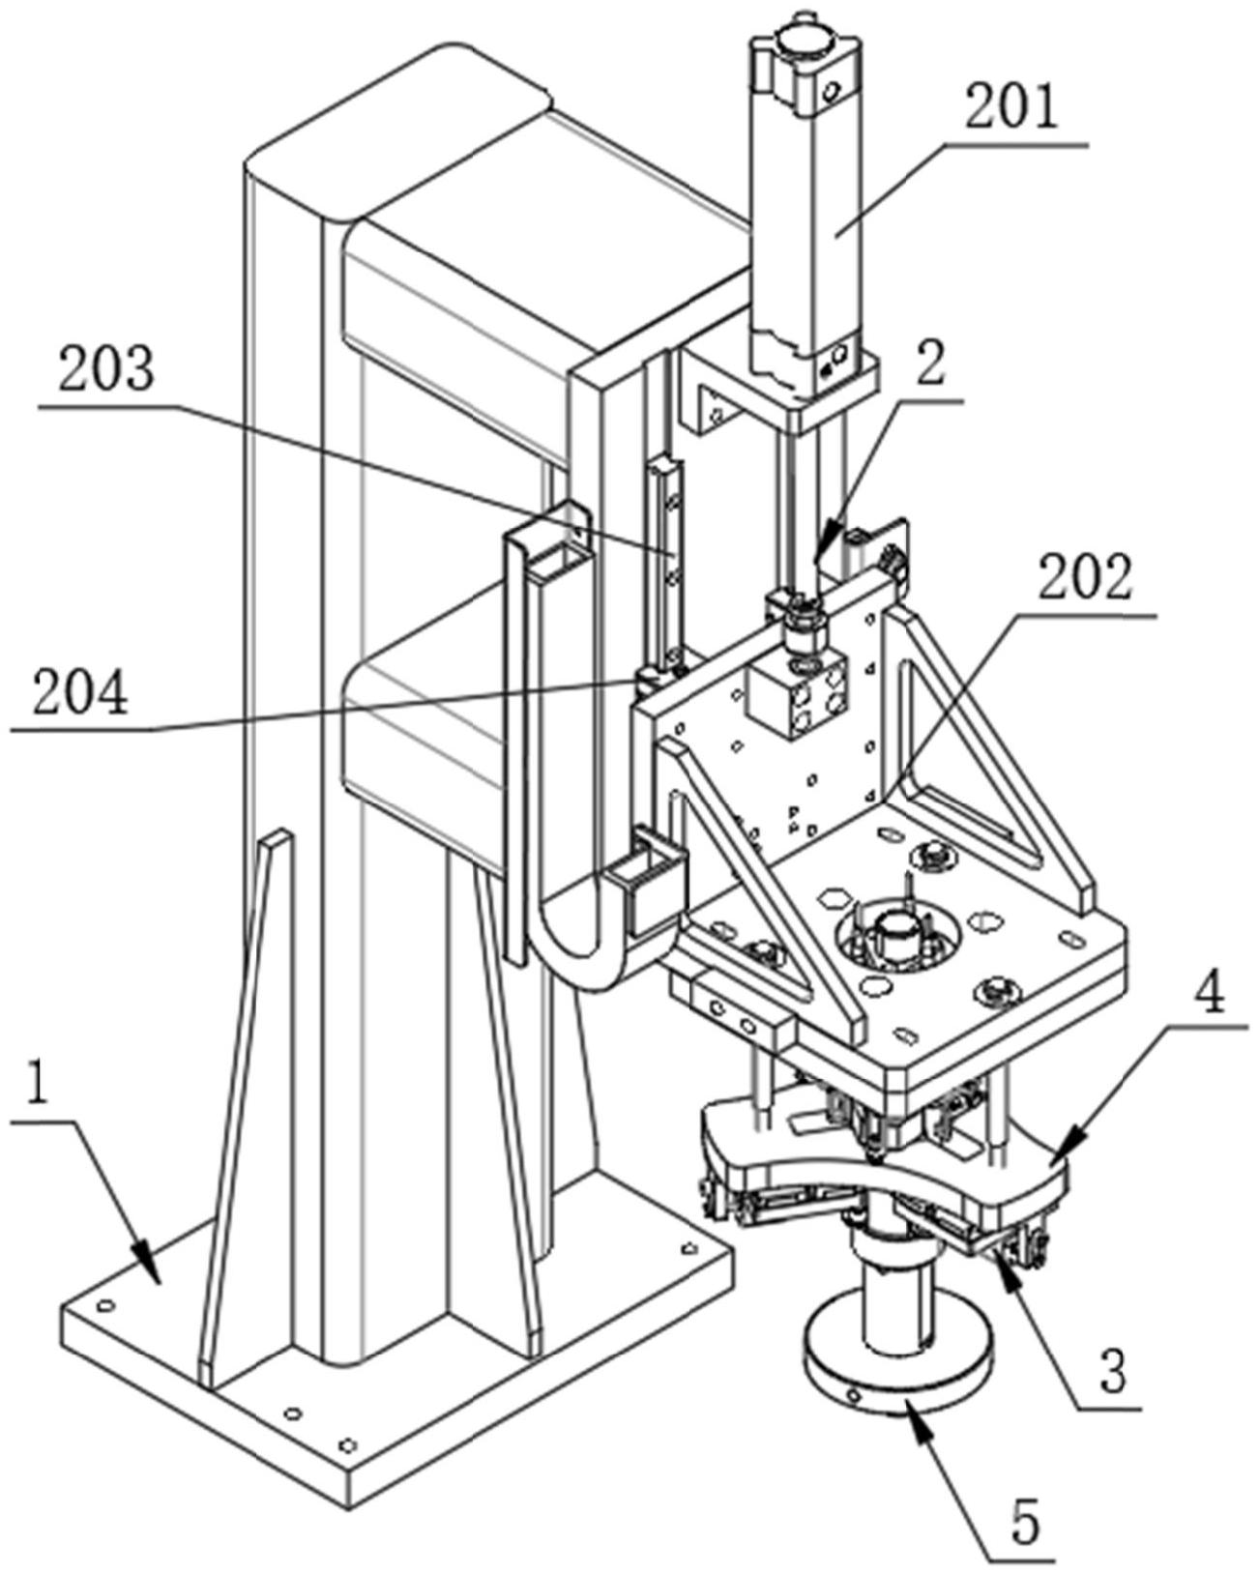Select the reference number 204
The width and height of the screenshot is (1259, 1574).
point(80,693)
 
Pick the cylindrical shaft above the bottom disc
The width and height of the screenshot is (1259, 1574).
point(899,1247)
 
